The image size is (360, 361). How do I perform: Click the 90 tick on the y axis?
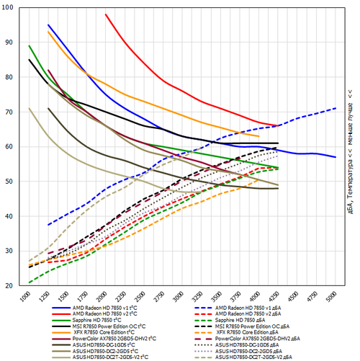click(x=8, y=43)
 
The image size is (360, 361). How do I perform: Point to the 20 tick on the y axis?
click(x=8, y=286)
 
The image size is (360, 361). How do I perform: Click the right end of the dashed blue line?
click(x=336, y=108)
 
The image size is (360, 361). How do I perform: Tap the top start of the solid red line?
click(x=106, y=14)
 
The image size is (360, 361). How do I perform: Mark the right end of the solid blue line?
click(x=336, y=157)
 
